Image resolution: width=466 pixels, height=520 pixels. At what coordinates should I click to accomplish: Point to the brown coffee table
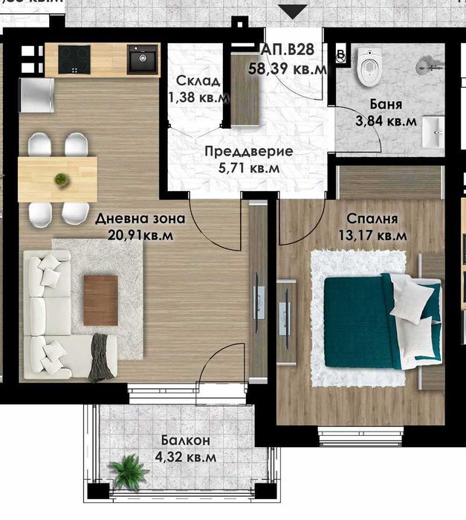click(x=100, y=300)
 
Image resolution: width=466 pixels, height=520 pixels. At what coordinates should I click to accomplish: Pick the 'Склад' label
click(x=197, y=81)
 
